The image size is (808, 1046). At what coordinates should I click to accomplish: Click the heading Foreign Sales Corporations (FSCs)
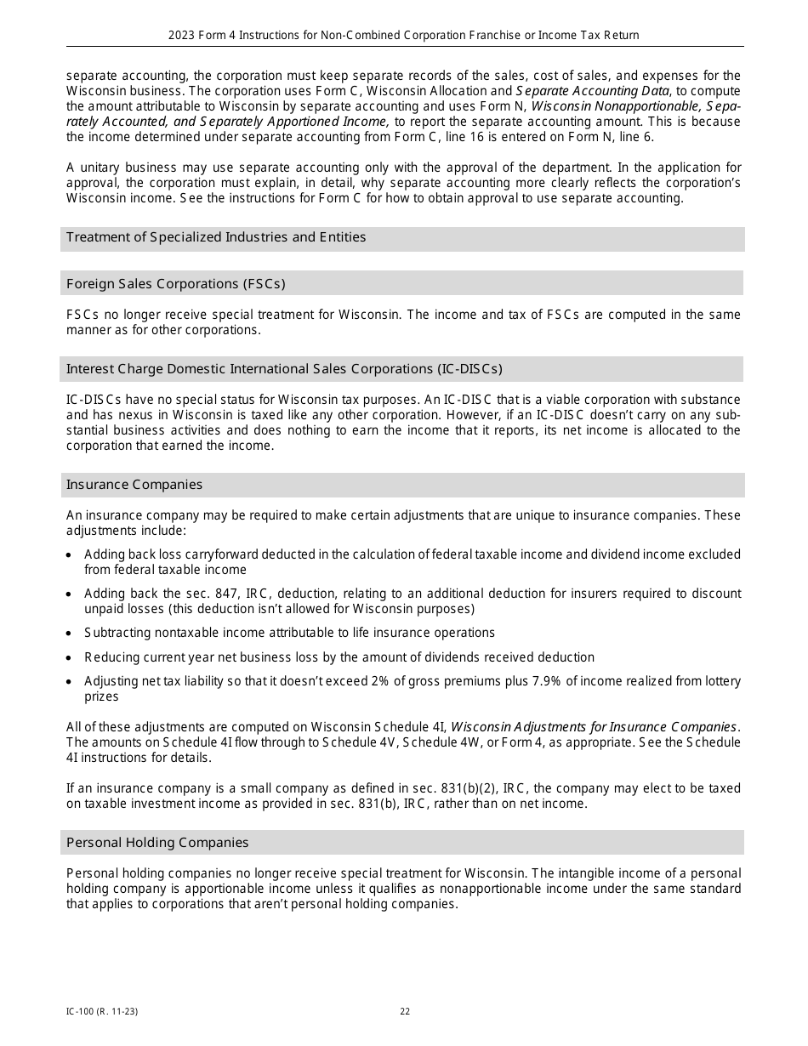pos(176,284)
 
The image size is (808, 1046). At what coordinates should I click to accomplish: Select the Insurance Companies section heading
pos(134,485)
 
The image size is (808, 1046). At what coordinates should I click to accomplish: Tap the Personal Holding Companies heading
pos(157,843)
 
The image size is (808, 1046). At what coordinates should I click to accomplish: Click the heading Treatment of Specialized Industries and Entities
pos(216,237)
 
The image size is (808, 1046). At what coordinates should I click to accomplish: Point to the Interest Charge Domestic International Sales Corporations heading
pos(284,369)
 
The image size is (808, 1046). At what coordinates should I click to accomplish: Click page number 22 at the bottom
pos(405,1012)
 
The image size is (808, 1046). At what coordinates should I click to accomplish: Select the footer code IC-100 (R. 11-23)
pos(102,1012)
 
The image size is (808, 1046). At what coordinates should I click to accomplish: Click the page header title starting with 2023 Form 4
pos(404,36)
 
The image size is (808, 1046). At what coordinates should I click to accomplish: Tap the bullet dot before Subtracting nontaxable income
pos(70,634)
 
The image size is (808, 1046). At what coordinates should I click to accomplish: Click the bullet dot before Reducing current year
pos(70,658)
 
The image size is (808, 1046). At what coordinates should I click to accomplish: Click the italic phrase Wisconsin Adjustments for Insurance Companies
pos(594,727)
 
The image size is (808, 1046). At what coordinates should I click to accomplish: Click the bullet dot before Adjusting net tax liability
pos(70,682)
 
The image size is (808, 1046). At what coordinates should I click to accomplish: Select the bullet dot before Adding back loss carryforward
pos(70,554)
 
